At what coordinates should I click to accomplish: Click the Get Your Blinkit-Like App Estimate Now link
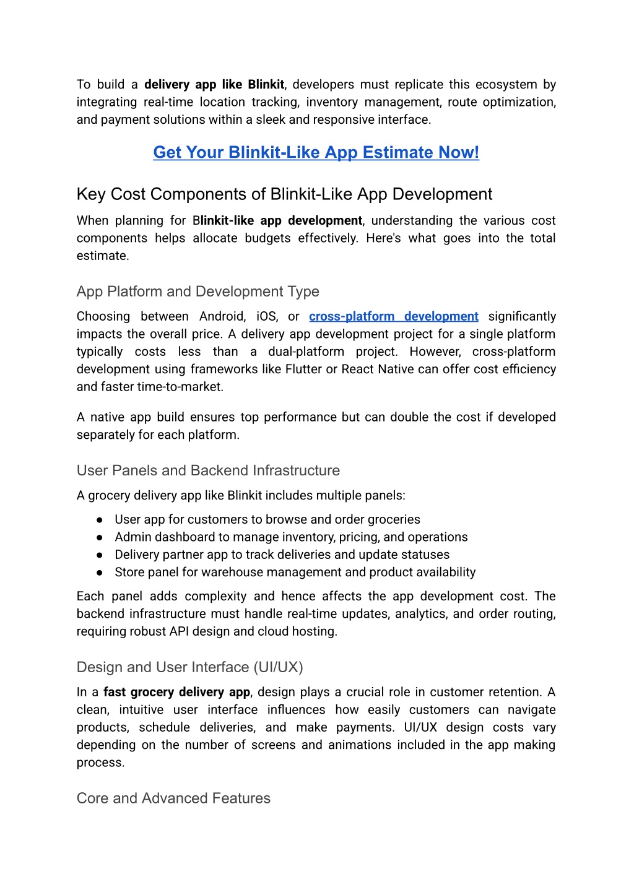point(316,152)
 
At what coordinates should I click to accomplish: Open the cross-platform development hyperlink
point(393,316)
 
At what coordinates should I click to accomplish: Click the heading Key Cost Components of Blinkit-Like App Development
point(284,194)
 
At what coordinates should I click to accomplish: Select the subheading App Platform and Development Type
point(198,292)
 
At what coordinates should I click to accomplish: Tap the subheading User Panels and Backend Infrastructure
point(208,470)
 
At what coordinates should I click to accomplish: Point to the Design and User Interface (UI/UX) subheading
point(189,667)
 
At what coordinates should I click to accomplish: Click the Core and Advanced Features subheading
point(173,798)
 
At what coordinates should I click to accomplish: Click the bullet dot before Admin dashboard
point(99,537)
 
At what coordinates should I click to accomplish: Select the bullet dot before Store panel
point(99,573)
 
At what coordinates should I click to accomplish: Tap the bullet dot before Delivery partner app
point(99,555)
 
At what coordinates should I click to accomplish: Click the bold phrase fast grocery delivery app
point(176,692)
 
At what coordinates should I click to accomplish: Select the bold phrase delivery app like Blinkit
point(214,85)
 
